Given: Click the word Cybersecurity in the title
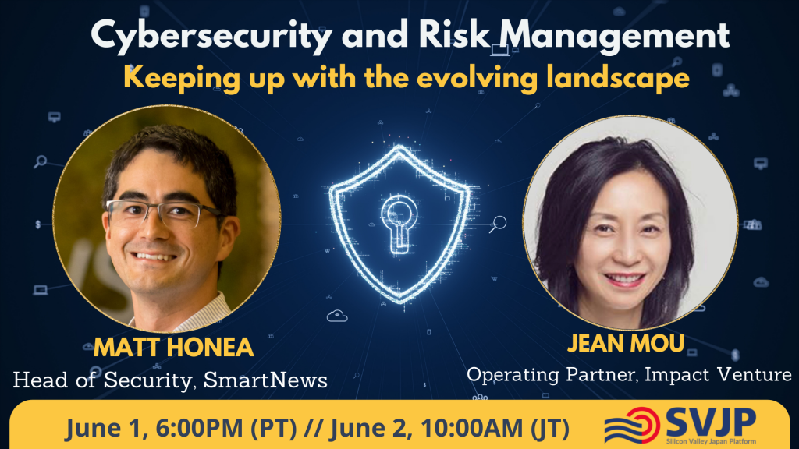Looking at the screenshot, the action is [x=211, y=37].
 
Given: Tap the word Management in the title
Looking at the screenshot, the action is [x=614, y=37].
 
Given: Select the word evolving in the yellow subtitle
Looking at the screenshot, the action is [x=477, y=78].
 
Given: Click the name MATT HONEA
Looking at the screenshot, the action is [x=174, y=348].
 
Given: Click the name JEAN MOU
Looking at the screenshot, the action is [x=626, y=343].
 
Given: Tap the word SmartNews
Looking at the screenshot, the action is [x=265, y=380].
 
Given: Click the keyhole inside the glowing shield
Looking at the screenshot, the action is [x=399, y=223].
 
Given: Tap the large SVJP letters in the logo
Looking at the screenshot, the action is [x=711, y=422].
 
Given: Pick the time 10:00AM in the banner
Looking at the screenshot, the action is [x=472, y=428].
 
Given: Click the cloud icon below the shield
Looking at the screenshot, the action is [x=337, y=316].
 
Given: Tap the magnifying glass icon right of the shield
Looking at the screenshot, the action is [x=498, y=224].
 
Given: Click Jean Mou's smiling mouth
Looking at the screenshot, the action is [x=625, y=280].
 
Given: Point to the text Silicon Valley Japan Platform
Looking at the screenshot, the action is [x=711, y=441].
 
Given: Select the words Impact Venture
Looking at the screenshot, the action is [x=718, y=375].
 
